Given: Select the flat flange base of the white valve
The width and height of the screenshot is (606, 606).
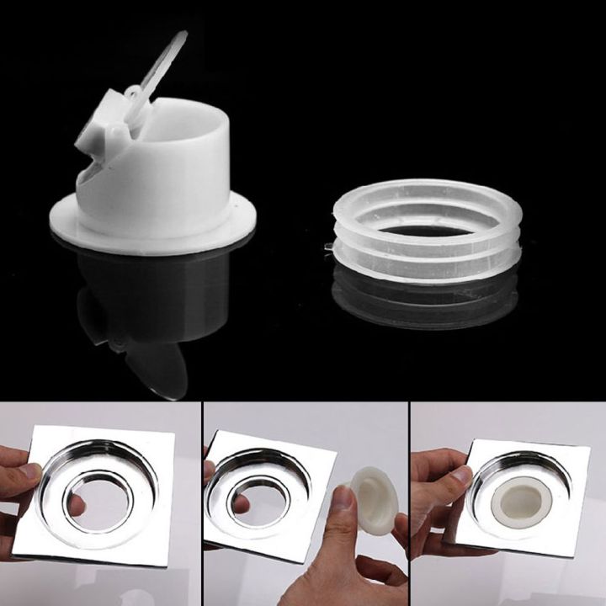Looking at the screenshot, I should (151, 231).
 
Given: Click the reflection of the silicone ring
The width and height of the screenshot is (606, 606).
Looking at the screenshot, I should (425, 295).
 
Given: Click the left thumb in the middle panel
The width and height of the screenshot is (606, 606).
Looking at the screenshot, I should (210, 471).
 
